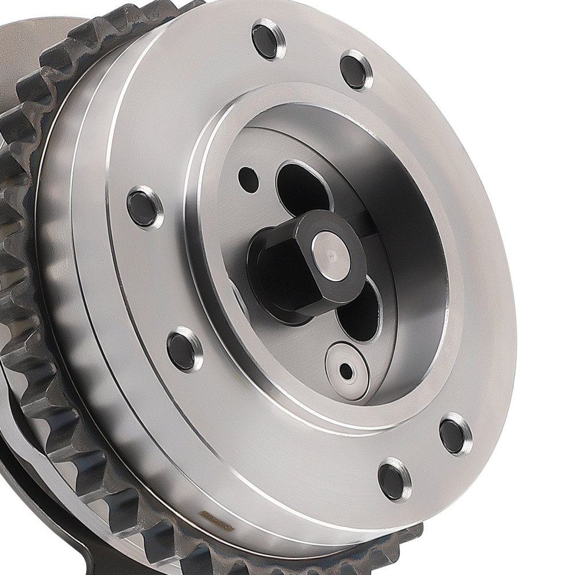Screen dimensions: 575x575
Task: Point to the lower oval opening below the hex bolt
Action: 359,313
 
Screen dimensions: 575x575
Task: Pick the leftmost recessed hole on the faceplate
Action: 144,206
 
